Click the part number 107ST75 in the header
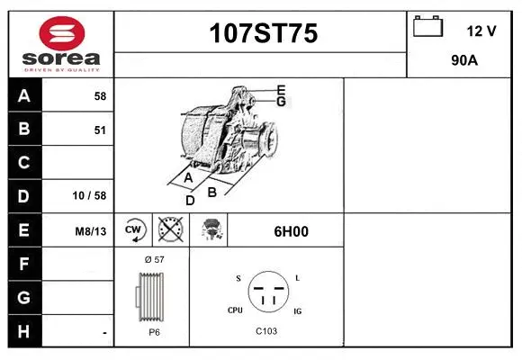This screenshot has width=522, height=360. coord(263,34)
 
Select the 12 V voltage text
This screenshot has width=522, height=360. coord(481,31)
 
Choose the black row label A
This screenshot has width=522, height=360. coord(23,96)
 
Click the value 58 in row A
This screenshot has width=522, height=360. coord(100,96)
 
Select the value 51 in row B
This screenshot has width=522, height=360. coord(100,130)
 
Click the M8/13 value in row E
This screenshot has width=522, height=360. coord(91,231)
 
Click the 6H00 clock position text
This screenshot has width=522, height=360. coord(291,231)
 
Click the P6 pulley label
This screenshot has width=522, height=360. coord(154,331)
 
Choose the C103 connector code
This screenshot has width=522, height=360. coord(265,331)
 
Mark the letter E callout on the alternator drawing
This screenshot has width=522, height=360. coord(281,89)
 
